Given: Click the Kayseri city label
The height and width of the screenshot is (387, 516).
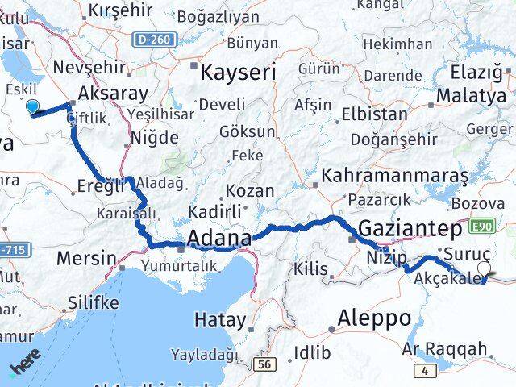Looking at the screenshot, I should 238,73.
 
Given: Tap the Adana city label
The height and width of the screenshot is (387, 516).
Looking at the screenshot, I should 218,238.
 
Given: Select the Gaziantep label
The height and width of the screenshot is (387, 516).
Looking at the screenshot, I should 410,228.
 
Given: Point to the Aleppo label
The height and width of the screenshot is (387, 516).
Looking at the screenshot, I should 375,317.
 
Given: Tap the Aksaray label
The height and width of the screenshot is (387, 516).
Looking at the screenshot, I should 114,93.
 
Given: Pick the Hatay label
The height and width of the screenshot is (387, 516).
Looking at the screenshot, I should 220,319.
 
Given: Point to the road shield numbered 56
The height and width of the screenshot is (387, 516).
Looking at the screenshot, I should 262,364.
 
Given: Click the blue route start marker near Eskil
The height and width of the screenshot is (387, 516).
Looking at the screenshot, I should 32,106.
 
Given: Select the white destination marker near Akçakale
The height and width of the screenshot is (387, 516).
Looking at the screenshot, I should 484,268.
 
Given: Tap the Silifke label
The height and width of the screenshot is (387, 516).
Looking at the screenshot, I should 92,304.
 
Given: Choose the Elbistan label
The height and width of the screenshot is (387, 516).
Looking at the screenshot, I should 374,114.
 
